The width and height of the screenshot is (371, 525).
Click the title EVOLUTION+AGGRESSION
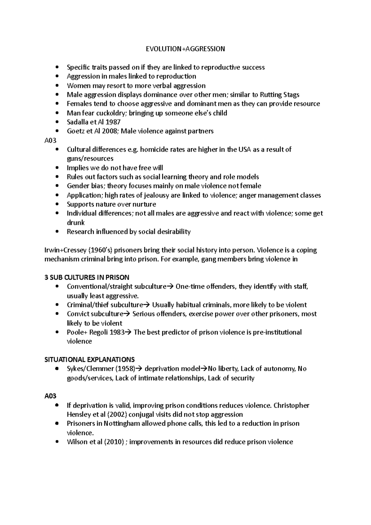[185, 49]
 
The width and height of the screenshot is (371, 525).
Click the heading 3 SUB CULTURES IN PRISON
[87, 277]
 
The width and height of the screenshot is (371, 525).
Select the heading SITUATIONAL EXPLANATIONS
[90, 360]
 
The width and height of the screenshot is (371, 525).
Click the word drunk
[76, 223]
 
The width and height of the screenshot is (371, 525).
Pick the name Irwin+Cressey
[64, 250]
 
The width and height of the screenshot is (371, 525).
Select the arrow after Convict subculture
[127, 314]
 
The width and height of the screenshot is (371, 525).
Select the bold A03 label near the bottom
[50, 396]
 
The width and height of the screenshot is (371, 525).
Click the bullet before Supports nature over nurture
[57, 204]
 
